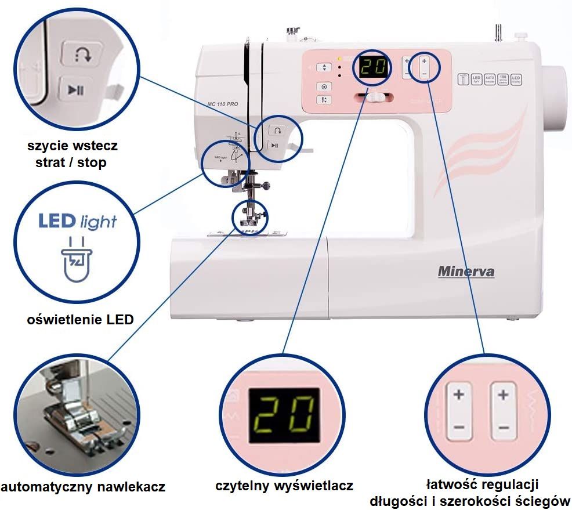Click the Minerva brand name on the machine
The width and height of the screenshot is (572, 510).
(466, 271)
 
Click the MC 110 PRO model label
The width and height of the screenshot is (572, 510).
(223, 104)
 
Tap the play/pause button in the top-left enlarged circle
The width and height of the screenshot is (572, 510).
(76, 89)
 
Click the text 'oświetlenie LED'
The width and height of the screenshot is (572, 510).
(81, 319)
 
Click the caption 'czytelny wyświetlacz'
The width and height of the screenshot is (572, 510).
(284, 486)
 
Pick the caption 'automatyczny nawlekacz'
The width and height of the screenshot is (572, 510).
(83, 486)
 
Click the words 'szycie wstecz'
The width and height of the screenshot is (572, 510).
(72, 145)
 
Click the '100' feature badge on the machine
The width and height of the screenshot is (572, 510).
(504, 79)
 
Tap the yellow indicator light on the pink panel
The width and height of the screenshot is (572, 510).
(339, 59)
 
